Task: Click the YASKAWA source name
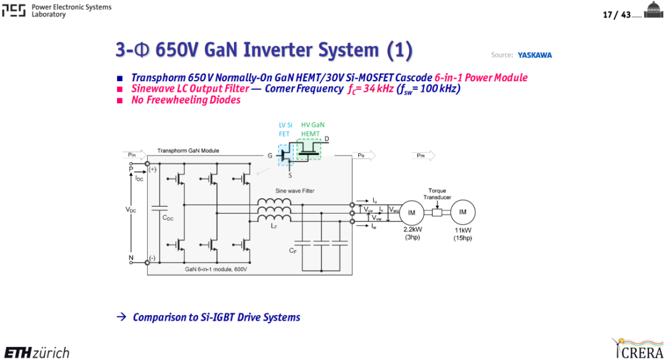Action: [534, 55]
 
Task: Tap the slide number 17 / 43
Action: [616, 15]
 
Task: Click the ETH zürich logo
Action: [37, 353]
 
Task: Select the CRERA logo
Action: [637, 348]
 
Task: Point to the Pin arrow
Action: [134, 155]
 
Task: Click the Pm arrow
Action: [423, 156]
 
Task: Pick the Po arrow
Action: [364, 156]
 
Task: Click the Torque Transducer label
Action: [437, 194]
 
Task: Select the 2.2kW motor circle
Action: [411, 212]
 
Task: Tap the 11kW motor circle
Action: [462, 212]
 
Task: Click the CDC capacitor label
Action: [168, 218]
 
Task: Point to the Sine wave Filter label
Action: [295, 191]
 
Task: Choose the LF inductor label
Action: [274, 226]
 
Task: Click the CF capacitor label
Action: [292, 251]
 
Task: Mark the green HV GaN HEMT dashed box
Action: [308, 150]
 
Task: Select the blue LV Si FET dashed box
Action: [286, 155]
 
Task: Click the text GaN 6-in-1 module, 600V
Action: [216, 270]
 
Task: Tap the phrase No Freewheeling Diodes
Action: [186, 100]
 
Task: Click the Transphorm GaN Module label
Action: [188, 151]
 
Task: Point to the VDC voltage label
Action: [131, 210]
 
